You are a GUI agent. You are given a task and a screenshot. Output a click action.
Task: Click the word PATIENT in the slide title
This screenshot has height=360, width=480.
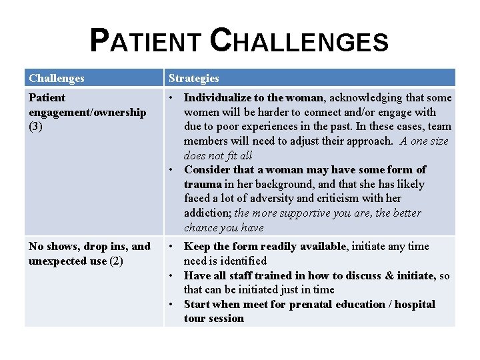(x=143, y=41)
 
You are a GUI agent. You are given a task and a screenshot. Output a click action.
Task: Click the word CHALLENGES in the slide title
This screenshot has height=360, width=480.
(x=298, y=41)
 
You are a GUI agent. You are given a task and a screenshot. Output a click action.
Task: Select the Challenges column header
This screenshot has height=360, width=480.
(x=57, y=78)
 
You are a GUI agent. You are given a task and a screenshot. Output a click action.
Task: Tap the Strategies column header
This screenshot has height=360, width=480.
(x=193, y=78)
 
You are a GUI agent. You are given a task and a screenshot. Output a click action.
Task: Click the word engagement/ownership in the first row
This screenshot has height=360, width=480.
(x=87, y=112)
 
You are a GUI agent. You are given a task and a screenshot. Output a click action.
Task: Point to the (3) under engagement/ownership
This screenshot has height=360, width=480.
(x=36, y=126)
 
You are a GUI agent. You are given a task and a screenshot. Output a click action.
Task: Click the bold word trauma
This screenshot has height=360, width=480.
(x=203, y=184)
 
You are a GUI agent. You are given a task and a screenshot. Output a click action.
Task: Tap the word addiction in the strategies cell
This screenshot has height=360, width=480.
(x=207, y=213)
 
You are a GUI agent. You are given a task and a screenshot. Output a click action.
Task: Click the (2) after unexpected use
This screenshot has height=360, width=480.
(x=116, y=261)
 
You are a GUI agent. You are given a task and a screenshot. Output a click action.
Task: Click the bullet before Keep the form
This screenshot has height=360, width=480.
(x=172, y=247)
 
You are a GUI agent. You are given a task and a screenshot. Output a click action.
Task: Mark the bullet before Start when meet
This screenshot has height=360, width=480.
(x=172, y=305)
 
